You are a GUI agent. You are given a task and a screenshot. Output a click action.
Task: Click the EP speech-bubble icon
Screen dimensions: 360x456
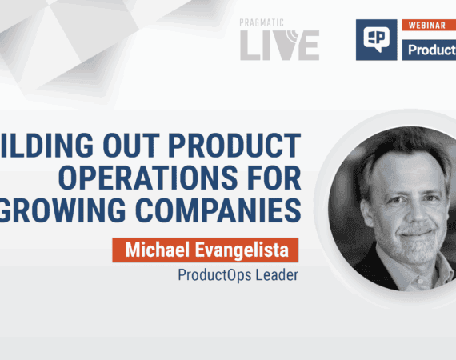376,41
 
